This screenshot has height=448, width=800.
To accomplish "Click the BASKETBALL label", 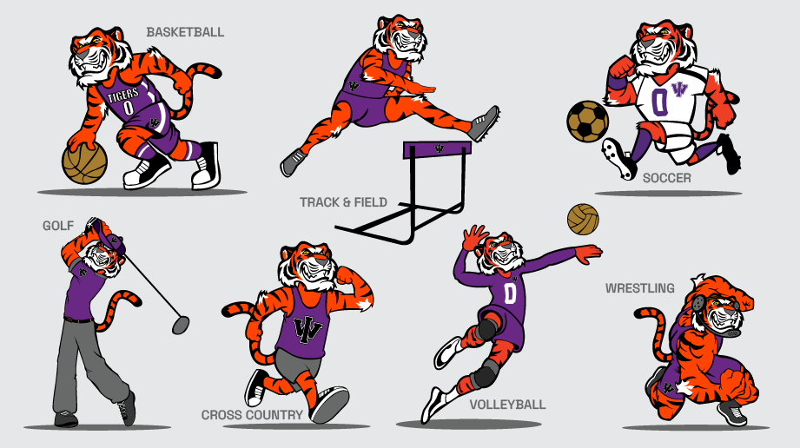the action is tap(185, 32).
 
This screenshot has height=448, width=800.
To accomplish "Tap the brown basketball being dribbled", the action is tap(85, 162).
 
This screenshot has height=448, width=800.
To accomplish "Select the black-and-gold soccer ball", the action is tap(588, 122).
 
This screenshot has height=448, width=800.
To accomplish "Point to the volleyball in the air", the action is tap(583, 220).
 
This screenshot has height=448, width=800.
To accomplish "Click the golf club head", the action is tap(181, 325).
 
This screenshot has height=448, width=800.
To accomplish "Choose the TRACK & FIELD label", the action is tap(343, 202).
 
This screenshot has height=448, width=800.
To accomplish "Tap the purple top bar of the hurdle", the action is tap(437, 149).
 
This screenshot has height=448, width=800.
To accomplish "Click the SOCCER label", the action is tap(667, 178).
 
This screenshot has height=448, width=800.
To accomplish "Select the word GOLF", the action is tap(58, 226).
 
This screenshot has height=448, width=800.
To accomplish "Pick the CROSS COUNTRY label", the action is tap(252, 415).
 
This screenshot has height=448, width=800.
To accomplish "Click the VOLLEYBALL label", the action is tap(507, 405).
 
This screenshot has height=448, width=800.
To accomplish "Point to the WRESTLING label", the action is tap(640, 288).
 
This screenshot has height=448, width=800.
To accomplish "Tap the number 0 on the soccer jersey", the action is tap(659, 102).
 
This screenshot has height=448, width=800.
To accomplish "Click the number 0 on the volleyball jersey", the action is tap(510, 293).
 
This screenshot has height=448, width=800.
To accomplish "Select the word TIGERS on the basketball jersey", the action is tap(123, 95).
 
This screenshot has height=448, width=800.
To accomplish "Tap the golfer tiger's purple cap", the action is tap(109, 237).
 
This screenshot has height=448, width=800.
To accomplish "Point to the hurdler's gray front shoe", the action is tap(483, 123).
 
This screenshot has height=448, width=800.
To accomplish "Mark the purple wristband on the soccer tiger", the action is tap(615, 83).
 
